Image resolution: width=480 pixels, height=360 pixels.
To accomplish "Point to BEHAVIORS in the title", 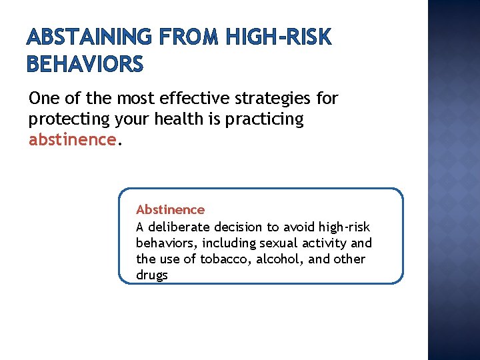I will pos(85,64).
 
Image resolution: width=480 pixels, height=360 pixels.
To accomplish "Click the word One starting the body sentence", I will pos(43,99).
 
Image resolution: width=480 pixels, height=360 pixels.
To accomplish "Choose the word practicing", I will pos(261,120).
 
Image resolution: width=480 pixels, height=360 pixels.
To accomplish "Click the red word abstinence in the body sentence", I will pos(72,140).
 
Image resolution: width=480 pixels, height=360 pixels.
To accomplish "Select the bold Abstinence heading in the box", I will pos(170,210).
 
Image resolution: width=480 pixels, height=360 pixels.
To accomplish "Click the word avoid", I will pos(298,227).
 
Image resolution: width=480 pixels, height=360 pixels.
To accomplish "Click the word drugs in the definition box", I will pos(152,275).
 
